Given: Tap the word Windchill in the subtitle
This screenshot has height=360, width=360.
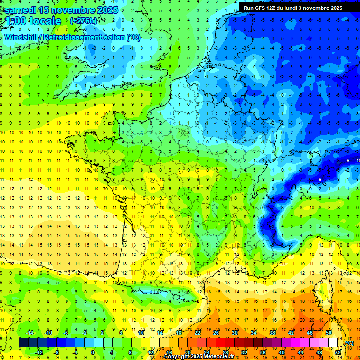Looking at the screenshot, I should (x=22, y=37).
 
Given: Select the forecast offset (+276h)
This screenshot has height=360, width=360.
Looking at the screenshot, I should (x=83, y=21).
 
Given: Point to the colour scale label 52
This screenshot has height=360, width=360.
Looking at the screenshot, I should (x=338, y=352).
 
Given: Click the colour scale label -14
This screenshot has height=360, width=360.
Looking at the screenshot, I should (x=29, y=333).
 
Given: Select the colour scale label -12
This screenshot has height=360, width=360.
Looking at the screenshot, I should (x=38, y=352).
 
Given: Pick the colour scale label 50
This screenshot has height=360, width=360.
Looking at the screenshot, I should (x=329, y=333).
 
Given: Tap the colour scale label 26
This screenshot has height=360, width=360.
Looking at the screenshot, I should (x=216, y=333).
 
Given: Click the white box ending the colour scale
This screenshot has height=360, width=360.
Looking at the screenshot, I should (x=333, y=343).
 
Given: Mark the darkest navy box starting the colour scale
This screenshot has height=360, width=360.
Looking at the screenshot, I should (x=23, y=343).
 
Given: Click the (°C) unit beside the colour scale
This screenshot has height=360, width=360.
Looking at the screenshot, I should (x=349, y=343).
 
